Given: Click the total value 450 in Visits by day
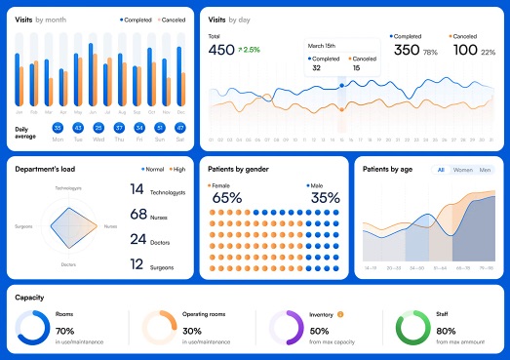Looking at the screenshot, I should (x=221, y=50).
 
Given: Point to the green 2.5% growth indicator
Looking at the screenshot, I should (x=250, y=50).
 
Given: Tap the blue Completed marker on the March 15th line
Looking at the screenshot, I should (x=340, y=85).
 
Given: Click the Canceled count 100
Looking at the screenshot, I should (x=464, y=50).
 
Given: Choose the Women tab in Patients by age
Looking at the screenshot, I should (x=462, y=170).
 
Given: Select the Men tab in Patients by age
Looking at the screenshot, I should (x=485, y=170).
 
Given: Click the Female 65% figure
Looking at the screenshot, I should (x=226, y=198).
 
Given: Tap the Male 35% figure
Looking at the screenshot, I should (x=325, y=198).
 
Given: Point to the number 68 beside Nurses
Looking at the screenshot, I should (x=138, y=214).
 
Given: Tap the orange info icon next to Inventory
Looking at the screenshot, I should (x=340, y=314).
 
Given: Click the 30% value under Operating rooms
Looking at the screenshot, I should (x=193, y=331).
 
